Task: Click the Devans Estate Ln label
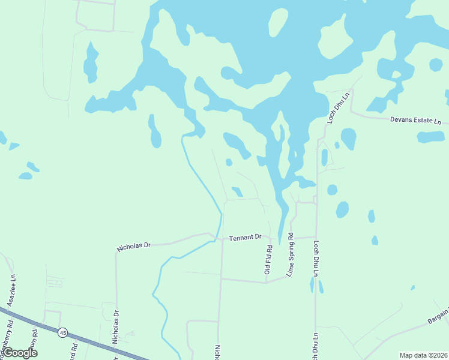click(x=415, y=121)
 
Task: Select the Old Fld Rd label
click(x=269, y=260)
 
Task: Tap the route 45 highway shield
click(x=62, y=332)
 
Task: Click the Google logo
click(x=20, y=353)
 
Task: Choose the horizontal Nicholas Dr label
click(x=134, y=246)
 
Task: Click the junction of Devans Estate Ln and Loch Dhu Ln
click(x=352, y=112)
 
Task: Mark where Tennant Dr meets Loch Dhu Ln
click(x=316, y=237)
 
